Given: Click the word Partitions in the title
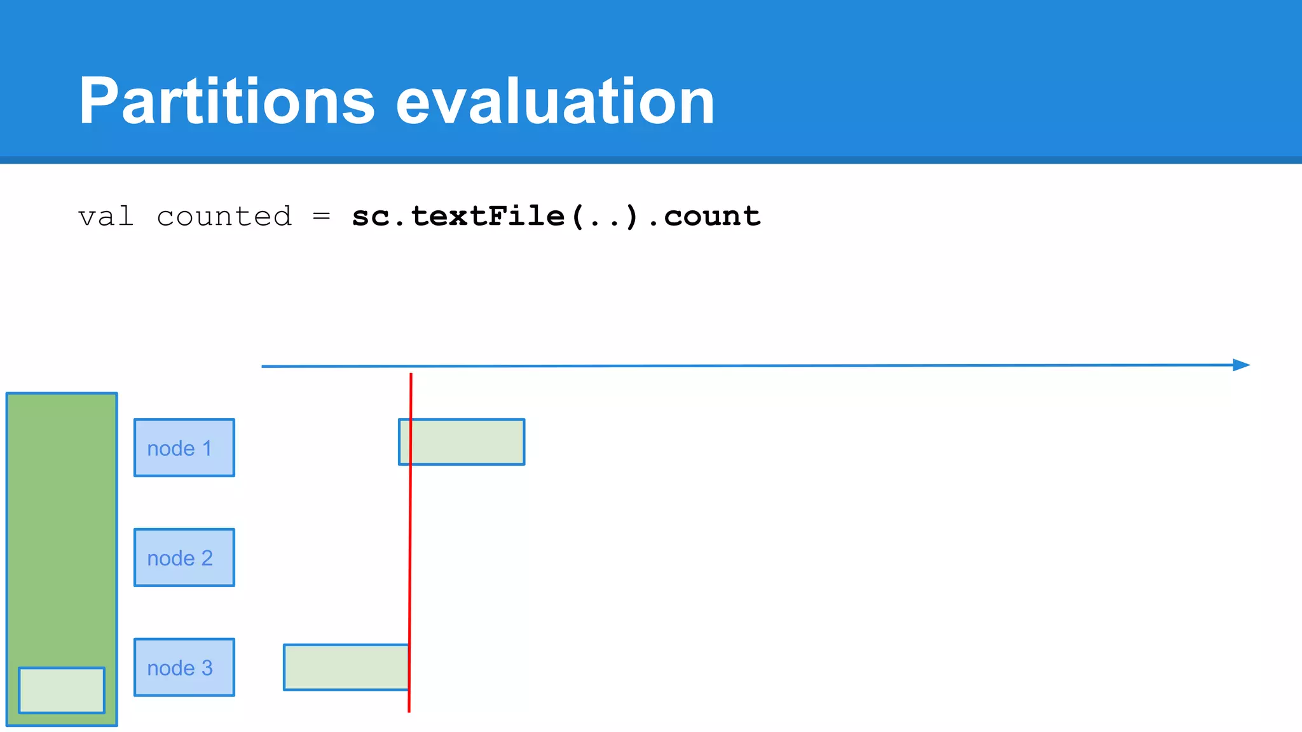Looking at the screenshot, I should tap(226, 102).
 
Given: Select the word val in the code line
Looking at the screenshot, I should tap(106, 217).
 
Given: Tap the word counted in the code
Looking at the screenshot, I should tap(224, 217).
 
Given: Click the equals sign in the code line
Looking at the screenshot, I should tap(322, 217).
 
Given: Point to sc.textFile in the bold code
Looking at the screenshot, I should tap(458, 217).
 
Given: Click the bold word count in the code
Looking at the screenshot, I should tap(712, 217).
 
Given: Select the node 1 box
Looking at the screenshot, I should tap(184, 447).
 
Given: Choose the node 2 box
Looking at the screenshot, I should tap(184, 557).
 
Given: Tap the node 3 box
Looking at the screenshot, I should tap(184, 667).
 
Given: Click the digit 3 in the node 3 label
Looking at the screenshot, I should tap(207, 668).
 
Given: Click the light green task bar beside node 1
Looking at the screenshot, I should tap(467, 442).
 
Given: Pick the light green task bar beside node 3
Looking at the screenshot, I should tap(345, 667).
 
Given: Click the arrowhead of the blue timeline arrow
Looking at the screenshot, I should tap(1242, 365).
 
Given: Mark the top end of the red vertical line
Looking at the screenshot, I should tap(411, 375).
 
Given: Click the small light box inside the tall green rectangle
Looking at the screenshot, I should tap(62, 690).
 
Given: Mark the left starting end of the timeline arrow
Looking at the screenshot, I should tap(263, 367).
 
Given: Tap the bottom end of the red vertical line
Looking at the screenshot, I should tap(409, 710).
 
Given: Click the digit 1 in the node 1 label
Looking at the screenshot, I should tap(207, 448).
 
